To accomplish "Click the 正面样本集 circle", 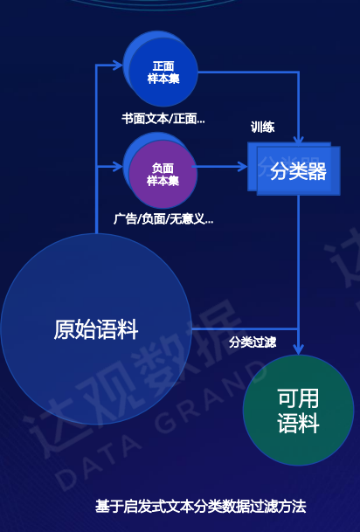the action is [163, 72].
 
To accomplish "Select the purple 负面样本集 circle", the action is [163, 174].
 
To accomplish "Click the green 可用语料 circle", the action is [298, 411].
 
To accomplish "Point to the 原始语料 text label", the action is [96, 329].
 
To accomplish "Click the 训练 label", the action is [263, 128].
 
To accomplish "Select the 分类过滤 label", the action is [253, 342].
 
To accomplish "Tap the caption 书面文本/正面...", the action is [163, 119].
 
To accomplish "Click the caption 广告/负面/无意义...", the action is [163, 219].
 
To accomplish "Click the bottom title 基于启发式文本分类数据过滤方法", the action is [200, 507].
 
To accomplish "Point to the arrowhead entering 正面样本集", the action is [118, 66].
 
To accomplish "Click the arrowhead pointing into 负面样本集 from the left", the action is [118, 167].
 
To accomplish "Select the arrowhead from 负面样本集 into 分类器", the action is [243, 167].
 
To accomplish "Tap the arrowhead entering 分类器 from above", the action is [299, 139].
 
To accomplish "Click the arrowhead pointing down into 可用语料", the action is [298, 349].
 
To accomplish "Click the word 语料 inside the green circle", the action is [298, 423].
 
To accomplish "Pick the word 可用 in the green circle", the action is [298, 398].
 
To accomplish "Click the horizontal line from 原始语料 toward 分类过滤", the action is [245, 328].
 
